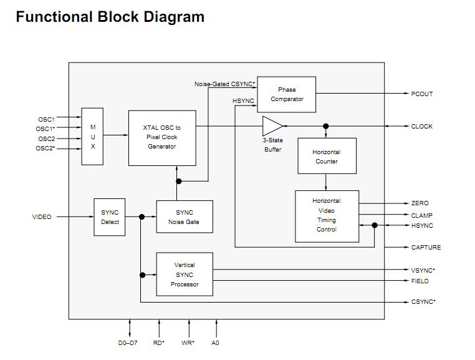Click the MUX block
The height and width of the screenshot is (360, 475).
pos(93,137)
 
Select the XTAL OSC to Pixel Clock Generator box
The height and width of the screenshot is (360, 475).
pos(162,137)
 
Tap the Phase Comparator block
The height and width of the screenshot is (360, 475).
pos(287,94)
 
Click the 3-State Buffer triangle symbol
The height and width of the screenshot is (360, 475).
pos(272,126)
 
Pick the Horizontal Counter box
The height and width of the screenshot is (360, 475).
pos(326,157)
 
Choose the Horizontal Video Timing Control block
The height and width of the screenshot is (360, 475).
pos(327,215)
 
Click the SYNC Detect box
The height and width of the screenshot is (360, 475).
pos(110,217)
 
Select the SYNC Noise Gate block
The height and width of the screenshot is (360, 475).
pos(185,217)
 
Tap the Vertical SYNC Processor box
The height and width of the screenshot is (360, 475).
pos(185,275)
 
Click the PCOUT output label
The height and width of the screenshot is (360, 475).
pos(421,94)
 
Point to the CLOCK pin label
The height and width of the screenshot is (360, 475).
pos(421,127)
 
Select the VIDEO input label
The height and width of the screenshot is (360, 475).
pos(42,217)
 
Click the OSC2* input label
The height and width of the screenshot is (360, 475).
pos(47,149)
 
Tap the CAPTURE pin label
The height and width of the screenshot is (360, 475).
pos(426,248)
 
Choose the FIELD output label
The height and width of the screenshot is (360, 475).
pos(420,281)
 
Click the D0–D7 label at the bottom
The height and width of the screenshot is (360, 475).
pos(128,343)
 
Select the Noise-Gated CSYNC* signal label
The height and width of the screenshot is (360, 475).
pos(224,84)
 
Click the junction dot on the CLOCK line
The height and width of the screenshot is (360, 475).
pos(326,126)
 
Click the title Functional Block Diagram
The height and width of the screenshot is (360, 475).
pos(110,17)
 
